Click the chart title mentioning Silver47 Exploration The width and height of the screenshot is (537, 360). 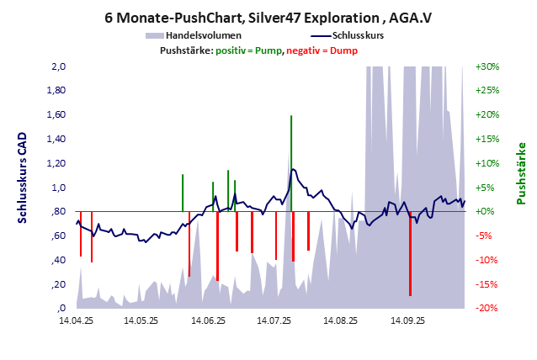[268, 16]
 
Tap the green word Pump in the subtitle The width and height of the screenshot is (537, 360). [270, 51]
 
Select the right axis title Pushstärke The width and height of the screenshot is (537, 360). [521, 173]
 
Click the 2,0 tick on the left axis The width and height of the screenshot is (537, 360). [60, 66]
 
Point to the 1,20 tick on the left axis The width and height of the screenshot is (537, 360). [57, 163]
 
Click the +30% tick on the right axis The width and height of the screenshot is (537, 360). [487, 66]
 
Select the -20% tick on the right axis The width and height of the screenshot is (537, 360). [487, 309]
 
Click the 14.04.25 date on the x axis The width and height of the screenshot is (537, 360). [76, 320]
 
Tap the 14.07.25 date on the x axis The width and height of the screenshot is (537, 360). [274, 320]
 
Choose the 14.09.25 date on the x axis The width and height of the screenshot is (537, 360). [407, 320]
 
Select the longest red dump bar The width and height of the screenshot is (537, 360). [410, 261]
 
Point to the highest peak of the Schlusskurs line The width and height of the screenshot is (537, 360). [293, 169]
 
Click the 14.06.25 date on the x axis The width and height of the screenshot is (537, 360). [208, 320]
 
